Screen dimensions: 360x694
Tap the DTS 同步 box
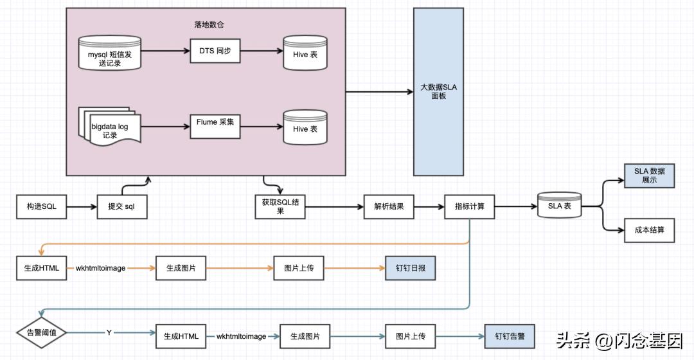(x=215, y=50)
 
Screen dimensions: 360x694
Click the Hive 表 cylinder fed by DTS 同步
(x=305, y=54)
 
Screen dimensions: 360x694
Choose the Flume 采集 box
(x=215, y=125)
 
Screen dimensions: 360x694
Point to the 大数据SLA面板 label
(x=438, y=91)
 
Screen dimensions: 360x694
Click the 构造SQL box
(x=42, y=207)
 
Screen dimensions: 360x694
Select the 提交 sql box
(x=122, y=207)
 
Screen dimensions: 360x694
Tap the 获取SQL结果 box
(x=280, y=206)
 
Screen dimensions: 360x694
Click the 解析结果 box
(x=389, y=207)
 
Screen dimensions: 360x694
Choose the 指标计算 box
(x=470, y=207)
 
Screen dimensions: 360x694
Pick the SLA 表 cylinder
(x=560, y=206)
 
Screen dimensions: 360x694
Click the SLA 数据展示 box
(x=649, y=175)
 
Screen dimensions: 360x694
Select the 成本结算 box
(x=649, y=230)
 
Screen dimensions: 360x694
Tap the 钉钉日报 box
(x=410, y=268)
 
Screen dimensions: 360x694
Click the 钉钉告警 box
(x=510, y=336)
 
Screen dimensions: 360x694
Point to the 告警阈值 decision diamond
(x=42, y=332)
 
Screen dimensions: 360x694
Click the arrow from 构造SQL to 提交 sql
(x=82, y=207)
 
